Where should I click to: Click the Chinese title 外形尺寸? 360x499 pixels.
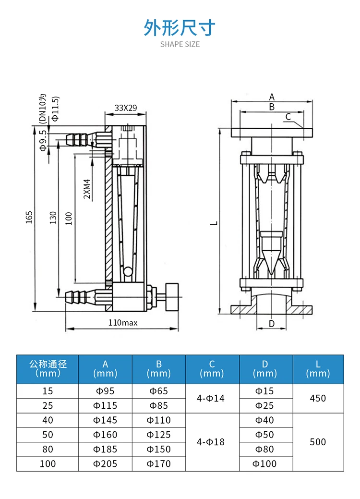(x=180, y=27)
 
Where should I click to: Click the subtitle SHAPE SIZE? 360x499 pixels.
(x=180, y=45)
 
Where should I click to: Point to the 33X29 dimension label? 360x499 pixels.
(x=126, y=108)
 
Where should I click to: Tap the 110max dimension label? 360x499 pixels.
(x=123, y=323)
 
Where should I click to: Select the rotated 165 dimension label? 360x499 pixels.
(x=29, y=218)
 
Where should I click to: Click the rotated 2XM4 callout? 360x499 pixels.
(x=87, y=189)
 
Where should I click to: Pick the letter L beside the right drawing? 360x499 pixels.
(x=214, y=223)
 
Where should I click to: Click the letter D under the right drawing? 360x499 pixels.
(x=272, y=324)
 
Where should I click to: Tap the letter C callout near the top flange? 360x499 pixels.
(x=288, y=117)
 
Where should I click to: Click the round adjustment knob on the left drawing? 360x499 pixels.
(x=172, y=297)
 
